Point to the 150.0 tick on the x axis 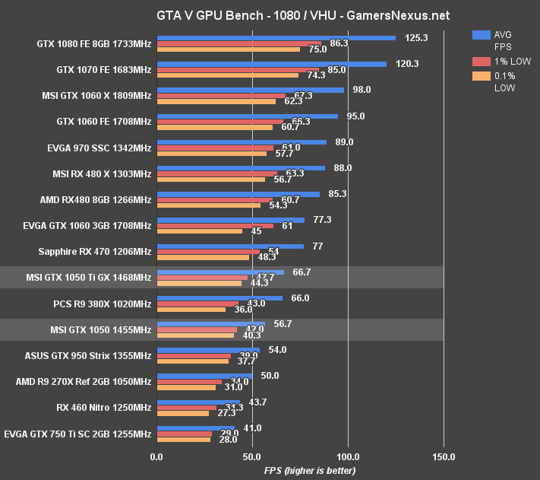coord(444,457)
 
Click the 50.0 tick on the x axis coord(252,457)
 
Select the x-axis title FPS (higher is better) coord(310,471)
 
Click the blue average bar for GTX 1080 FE coord(276,37)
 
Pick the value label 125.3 coord(417,37)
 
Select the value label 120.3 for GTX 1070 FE coord(408,63)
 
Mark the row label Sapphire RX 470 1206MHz coord(94,251)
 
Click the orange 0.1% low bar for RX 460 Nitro coord(182,413)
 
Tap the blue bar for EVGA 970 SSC coord(242,141)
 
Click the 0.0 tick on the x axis coord(156,457)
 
